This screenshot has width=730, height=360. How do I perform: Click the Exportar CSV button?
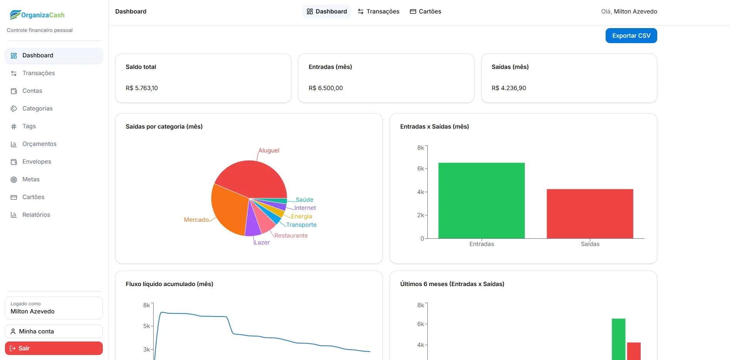point(631,36)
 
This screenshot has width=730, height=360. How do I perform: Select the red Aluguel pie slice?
point(254,177)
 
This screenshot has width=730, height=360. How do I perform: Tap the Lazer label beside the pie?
point(262,243)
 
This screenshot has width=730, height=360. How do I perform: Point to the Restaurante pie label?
point(291,236)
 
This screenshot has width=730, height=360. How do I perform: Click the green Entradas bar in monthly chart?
point(481,201)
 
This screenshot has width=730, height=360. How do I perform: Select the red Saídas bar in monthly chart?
point(590,214)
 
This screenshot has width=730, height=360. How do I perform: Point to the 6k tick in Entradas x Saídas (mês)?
point(420,169)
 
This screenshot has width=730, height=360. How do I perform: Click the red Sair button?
point(54,348)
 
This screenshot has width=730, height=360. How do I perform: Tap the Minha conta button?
point(54,332)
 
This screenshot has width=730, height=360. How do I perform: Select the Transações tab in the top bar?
point(378,12)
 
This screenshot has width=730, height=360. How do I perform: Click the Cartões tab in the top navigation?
point(425,12)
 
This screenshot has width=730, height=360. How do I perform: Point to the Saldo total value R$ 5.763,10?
point(142,88)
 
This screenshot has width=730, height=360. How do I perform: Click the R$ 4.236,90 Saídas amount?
point(509,88)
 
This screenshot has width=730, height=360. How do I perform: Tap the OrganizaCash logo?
point(37,15)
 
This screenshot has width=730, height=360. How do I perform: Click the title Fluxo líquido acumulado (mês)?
point(169,284)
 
